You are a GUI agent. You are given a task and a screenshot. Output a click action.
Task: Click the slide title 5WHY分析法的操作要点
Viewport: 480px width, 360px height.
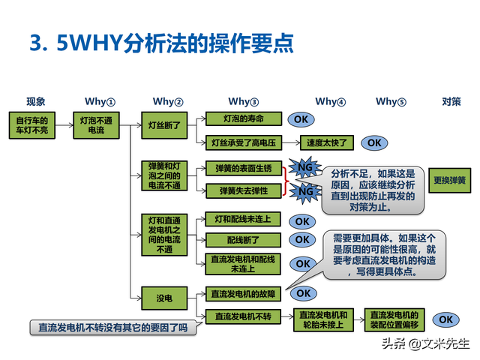tap(160, 42)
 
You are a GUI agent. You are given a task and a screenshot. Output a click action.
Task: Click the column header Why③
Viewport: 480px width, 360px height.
tap(244, 101)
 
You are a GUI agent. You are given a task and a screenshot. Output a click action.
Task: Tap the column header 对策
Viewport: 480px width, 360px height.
tap(451, 101)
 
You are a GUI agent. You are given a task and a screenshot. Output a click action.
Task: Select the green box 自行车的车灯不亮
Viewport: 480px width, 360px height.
tap(31, 124)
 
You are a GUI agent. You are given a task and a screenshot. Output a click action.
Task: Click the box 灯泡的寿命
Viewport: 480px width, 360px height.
tap(243, 119)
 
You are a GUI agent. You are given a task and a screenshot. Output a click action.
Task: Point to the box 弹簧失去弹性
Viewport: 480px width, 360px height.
tap(243, 190)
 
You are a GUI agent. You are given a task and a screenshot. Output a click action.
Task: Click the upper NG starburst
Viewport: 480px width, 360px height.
tap(306, 166)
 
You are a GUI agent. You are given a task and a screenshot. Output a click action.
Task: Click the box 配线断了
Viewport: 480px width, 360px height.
tap(243, 240)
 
